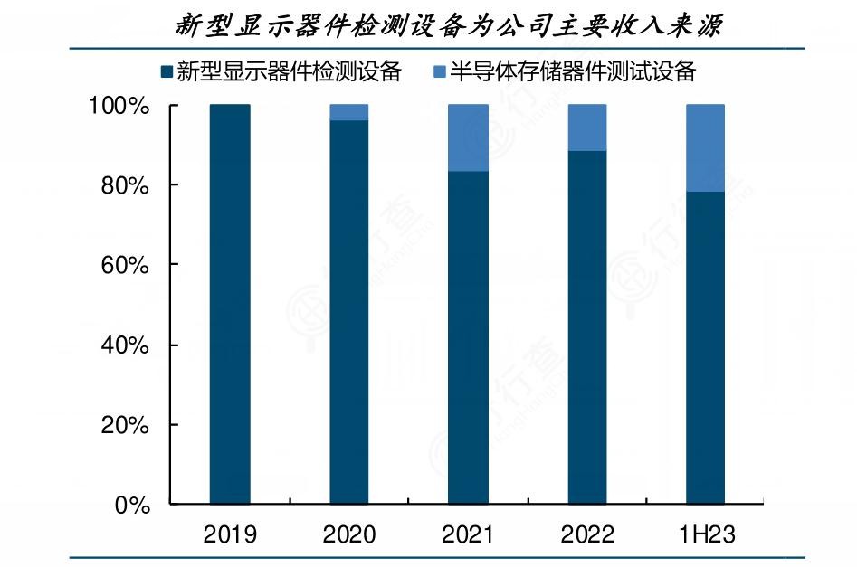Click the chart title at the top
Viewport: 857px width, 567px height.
tap(449, 25)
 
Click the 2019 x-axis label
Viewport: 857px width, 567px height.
tap(230, 534)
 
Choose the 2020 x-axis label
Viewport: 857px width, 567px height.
tap(349, 534)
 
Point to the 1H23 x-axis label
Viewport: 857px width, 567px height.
tap(706, 534)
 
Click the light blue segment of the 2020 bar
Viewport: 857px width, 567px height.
tap(349, 112)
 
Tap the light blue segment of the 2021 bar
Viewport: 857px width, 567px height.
tap(469, 137)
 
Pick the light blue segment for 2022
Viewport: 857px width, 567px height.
tap(587, 128)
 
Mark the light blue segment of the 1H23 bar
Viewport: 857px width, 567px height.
tap(706, 147)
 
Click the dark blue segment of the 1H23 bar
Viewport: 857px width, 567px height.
tap(706, 348)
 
